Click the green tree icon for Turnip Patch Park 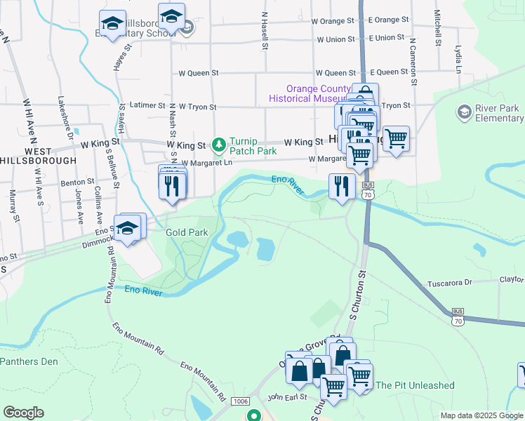click(x=219, y=145)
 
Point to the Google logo click(x=23, y=413)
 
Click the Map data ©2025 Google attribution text click(x=481, y=415)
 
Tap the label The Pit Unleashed click(x=415, y=385)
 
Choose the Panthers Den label click(x=29, y=362)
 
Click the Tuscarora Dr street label click(x=451, y=283)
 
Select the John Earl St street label click(x=284, y=396)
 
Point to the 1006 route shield click(x=239, y=401)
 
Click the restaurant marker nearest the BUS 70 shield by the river click(x=341, y=186)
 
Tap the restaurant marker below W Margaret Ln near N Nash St click(x=173, y=185)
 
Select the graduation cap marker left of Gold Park click(x=128, y=229)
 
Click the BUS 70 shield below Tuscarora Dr click(x=458, y=316)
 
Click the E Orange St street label click(x=388, y=20)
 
